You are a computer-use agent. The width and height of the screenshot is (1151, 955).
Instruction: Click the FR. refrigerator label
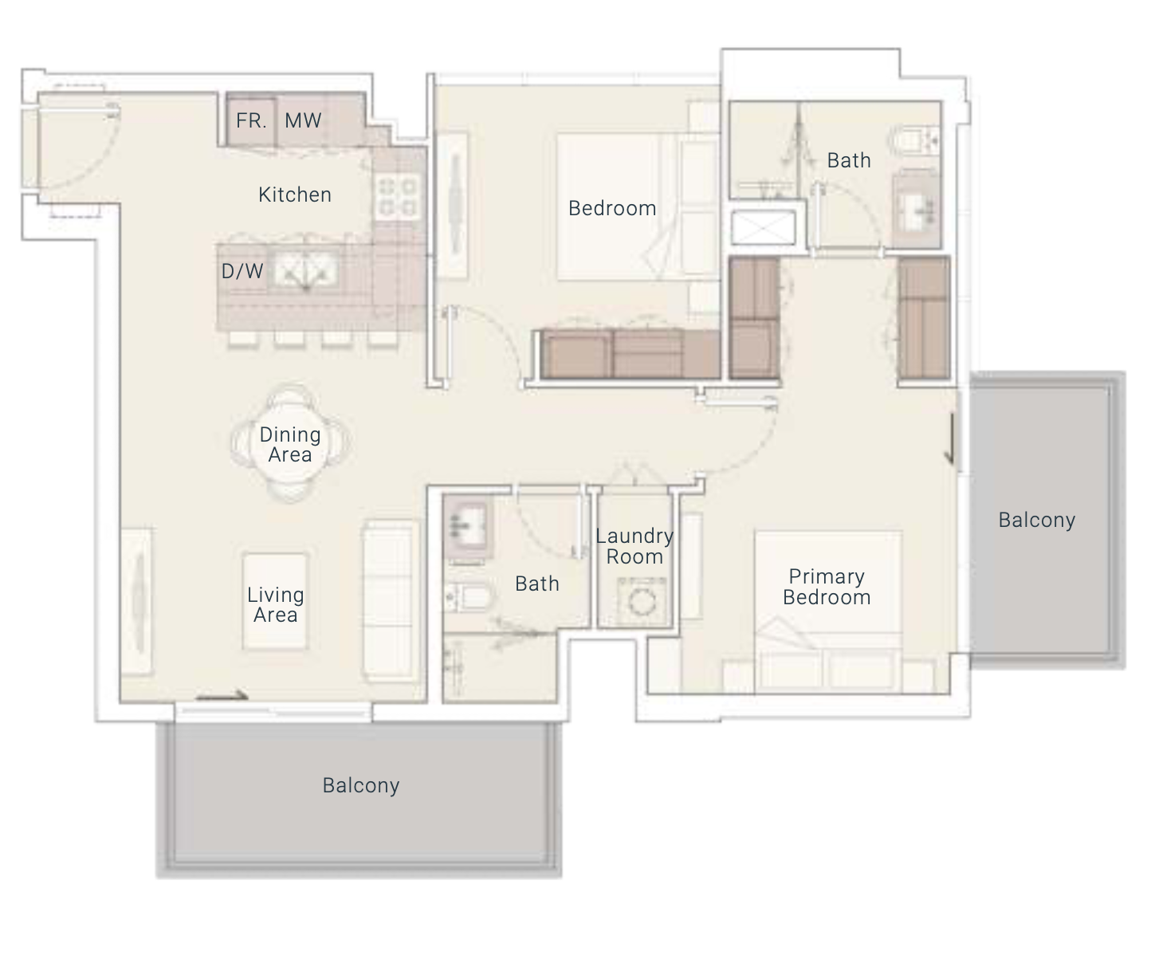(x=251, y=120)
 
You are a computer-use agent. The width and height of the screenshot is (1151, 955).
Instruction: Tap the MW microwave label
(x=303, y=120)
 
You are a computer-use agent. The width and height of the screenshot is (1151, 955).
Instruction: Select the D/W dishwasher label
(x=242, y=271)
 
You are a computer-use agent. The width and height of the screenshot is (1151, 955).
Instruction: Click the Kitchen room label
(x=295, y=195)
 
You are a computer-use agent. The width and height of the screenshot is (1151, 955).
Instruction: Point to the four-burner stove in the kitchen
(x=398, y=197)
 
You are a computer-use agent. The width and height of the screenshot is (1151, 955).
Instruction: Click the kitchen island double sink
(x=306, y=271)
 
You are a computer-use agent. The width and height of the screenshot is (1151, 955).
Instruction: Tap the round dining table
(x=290, y=444)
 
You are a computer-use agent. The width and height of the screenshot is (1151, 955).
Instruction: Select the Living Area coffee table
(x=275, y=602)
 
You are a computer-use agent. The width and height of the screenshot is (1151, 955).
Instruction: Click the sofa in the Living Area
(x=391, y=602)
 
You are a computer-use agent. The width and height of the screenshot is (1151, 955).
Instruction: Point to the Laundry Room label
(x=634, y=546)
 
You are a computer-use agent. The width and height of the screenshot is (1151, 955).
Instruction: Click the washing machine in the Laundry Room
(x=641, y=602)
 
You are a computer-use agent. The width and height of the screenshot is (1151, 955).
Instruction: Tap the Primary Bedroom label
(x=827, y=587)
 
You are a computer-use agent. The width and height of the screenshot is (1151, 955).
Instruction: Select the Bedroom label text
(x=612, y=208)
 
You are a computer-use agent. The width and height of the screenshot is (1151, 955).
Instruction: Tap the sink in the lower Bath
(x=467, y=527)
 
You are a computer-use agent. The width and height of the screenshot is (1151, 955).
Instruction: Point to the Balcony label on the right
(x=1037, y=520)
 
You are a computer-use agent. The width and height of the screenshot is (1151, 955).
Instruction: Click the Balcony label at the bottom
(x=361, y=785)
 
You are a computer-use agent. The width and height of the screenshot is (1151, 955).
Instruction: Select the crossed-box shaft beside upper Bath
(x=764, y=227)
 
